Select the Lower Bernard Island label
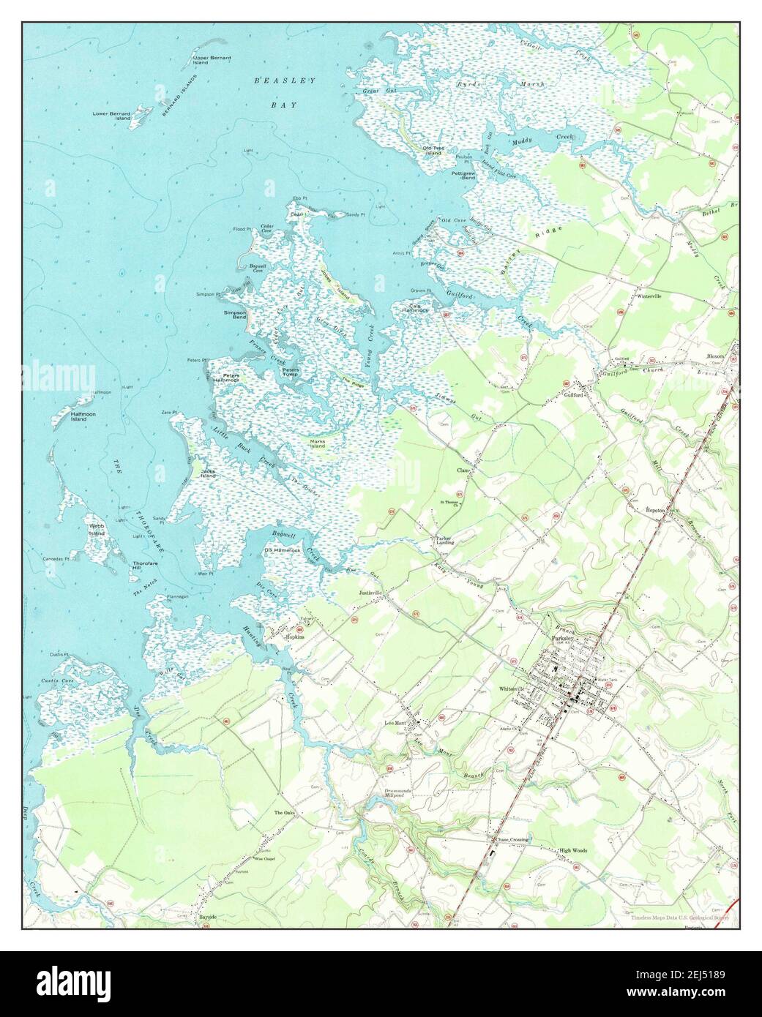[111, 115]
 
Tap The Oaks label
[284, 813]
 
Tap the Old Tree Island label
[432, 151]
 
